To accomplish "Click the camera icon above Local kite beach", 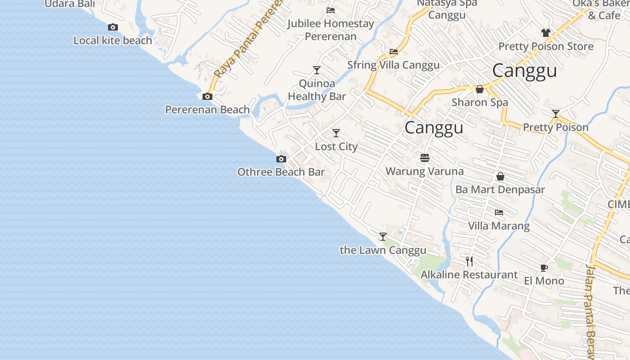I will pos(113,27).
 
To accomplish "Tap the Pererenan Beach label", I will pos(207,109).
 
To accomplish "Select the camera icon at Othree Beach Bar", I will pos(281,159).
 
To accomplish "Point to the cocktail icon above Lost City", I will pos(336,133).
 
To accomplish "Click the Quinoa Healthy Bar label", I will pos(317,90).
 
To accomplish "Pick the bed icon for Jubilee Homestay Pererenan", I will pos(331,10).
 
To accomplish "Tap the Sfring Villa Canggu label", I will pos(393,65).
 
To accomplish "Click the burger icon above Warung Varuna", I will pos(425,158).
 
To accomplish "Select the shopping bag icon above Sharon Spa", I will pos(480,89).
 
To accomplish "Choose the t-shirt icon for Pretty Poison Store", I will pos(546,33).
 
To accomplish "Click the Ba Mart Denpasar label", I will pos(500,189).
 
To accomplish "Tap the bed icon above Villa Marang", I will pos(499,212).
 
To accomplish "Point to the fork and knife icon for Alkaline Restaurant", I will pos(469,261).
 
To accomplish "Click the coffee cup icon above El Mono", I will pos(544,268).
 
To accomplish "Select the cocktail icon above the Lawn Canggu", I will pos(383,237).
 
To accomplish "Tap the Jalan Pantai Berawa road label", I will pos(590,310).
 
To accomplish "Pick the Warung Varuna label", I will pos(424,171).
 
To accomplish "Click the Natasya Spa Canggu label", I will pos(446,9).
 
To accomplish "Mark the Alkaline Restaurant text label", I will pos(469,274).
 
